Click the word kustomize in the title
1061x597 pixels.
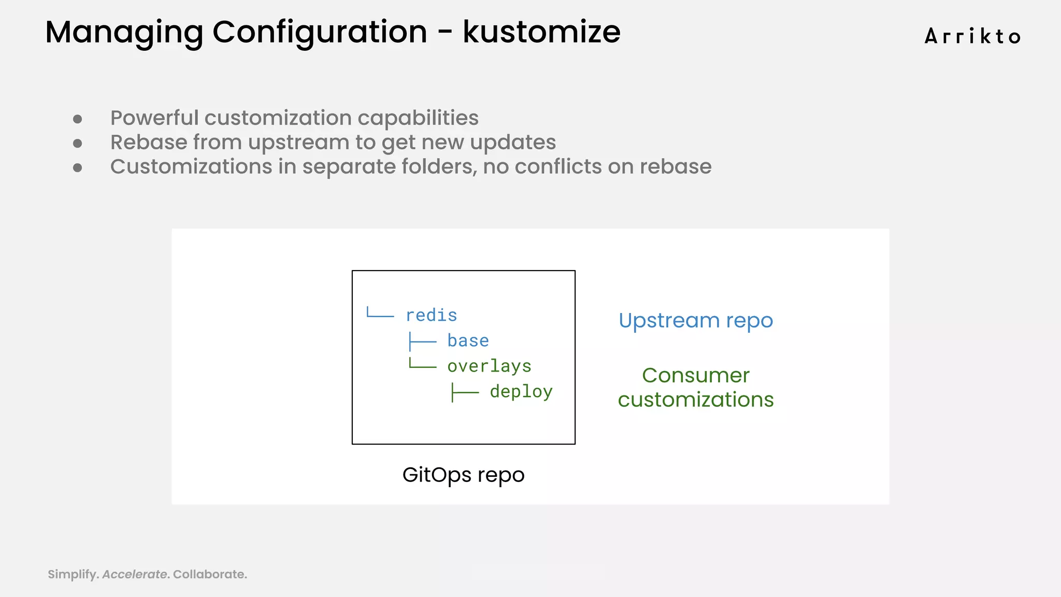point(541,32)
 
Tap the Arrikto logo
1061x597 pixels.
point(972,36)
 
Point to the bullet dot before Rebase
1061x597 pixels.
point(78,143)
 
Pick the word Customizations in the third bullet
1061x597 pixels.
point(191,167)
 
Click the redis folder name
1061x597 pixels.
point(431,315)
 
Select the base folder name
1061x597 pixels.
point(468,340)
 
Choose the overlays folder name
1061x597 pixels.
point(489,366)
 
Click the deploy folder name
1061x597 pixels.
point(521,391)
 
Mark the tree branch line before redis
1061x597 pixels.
point(380,314)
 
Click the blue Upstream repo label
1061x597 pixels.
point(695,321)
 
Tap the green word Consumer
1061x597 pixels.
point(695,375)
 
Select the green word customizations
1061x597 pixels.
point(695,400)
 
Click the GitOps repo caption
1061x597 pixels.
point(463,475)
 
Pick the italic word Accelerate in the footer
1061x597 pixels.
point(135,574)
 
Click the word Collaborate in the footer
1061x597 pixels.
point(209,574)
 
